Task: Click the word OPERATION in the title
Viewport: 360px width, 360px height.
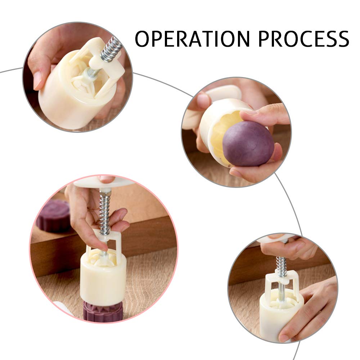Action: [192, 39]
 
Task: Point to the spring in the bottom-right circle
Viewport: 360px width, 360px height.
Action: [282, 266]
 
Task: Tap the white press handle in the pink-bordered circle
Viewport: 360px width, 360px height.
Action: [103, 182]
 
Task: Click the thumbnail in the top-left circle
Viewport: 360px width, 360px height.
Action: [37, 80]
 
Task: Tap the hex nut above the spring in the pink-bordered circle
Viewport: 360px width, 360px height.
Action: [105, 192]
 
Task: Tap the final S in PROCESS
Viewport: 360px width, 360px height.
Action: [342, 39]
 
